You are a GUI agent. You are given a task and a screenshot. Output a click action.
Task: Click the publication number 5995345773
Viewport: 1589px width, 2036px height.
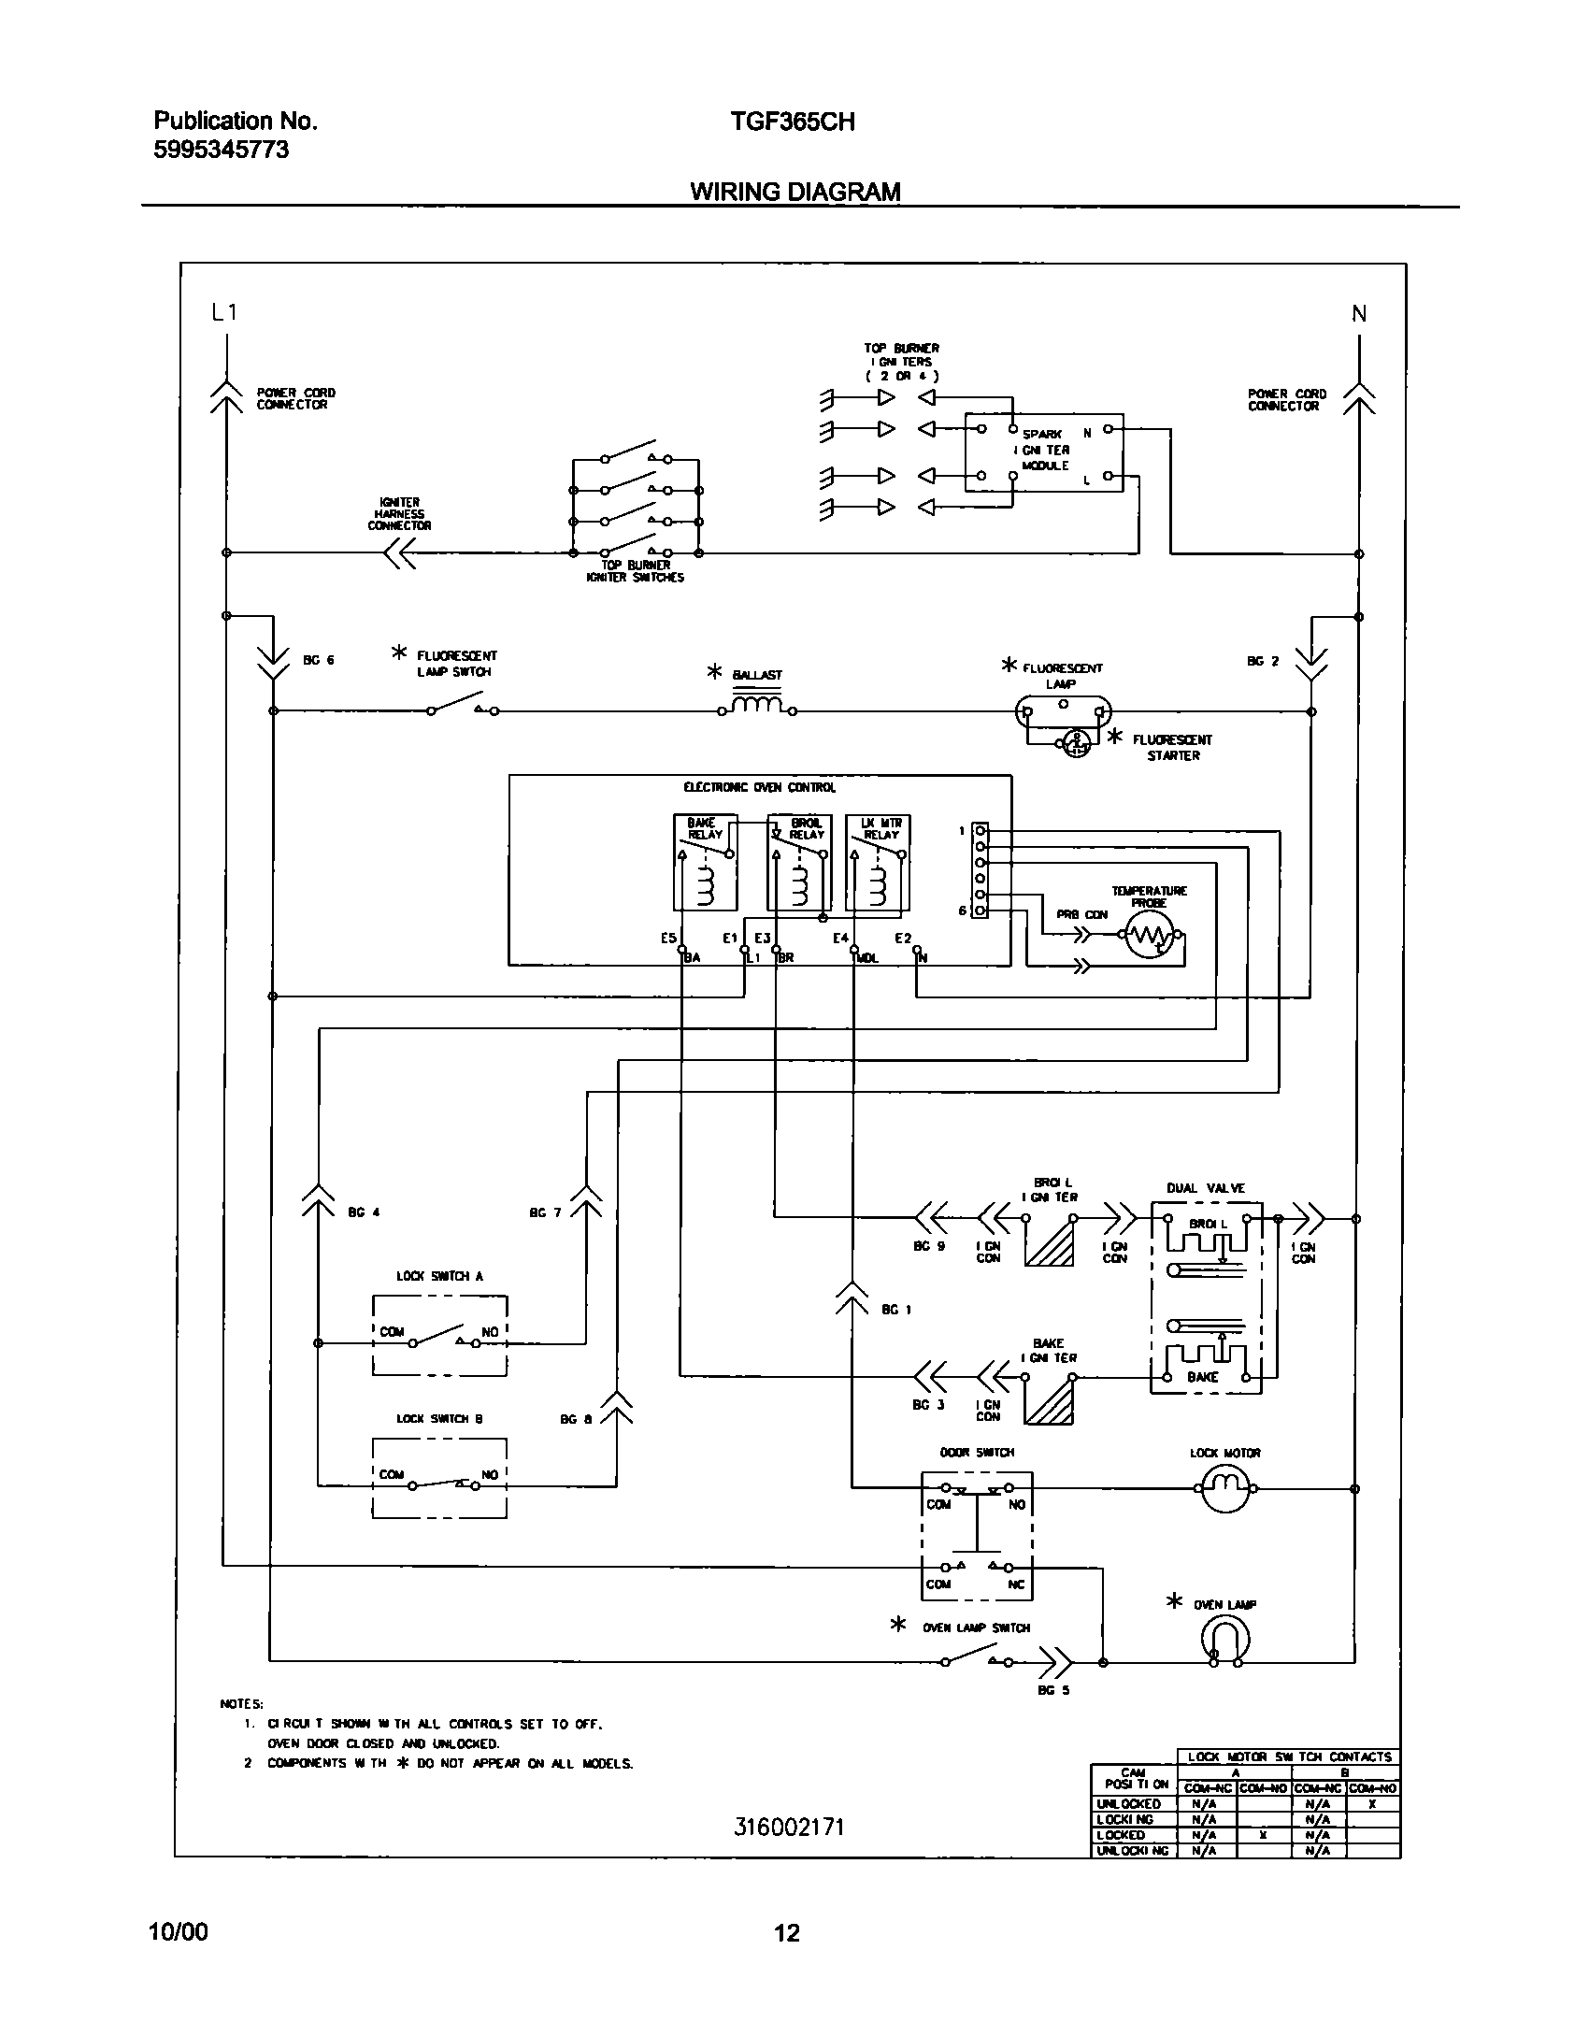(221, 150)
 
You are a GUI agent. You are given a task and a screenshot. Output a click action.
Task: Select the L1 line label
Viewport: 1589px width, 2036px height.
(224, 312)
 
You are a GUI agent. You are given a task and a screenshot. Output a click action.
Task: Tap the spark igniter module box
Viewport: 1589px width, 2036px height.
(1043, 453)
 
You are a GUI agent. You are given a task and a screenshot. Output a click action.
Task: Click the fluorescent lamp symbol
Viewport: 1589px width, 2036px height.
(1063, 711)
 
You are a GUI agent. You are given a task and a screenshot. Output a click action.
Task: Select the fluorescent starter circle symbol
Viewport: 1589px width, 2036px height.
(1077, 743)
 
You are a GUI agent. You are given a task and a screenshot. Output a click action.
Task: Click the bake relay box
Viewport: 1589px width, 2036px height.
(705, 862)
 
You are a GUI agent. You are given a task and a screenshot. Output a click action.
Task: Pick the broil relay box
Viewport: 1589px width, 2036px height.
(798, 862)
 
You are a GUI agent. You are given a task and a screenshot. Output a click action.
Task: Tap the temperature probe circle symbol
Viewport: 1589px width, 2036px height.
(1148, 934)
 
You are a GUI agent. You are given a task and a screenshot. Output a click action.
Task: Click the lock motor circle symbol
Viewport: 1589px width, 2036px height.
(1224, 1487)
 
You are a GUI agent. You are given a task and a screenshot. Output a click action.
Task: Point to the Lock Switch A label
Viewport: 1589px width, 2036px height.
(439, 1276)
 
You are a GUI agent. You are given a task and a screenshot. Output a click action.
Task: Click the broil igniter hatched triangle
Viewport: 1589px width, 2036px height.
(1050, 1244)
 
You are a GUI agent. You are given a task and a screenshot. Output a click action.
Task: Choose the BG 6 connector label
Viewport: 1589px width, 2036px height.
(318, 660)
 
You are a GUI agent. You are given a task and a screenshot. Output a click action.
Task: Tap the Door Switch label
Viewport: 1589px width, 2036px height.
(977, 1453)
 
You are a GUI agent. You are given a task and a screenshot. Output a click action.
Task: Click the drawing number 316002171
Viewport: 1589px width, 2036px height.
(789, 1828)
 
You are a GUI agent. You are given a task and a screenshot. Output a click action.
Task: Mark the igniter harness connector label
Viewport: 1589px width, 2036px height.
(399, 514)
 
